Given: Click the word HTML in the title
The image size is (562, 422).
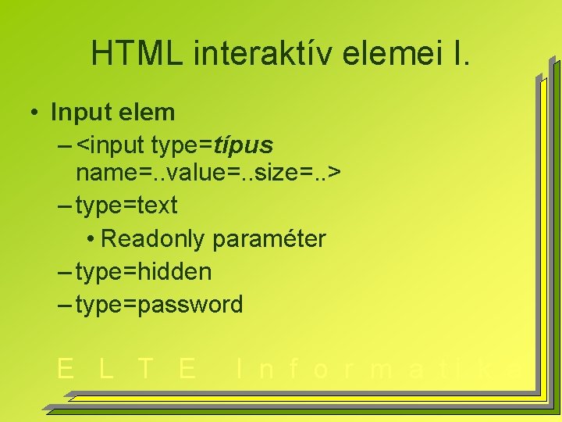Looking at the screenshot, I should (x=136, y=53).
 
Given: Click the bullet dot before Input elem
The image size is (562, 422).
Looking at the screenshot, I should (x=36, y=113).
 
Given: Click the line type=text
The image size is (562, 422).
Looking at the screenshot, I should (x=126, y=206).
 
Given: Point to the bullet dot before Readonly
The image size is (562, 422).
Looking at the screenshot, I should (x=91, y=238).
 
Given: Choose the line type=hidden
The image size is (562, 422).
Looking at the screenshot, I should (x=143, y=272).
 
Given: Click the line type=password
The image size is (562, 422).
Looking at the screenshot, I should (x=159, y=304).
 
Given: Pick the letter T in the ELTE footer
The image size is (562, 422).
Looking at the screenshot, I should (x=145, y=368).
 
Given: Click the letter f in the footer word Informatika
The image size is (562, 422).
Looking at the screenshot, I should (x=293, y=368).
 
